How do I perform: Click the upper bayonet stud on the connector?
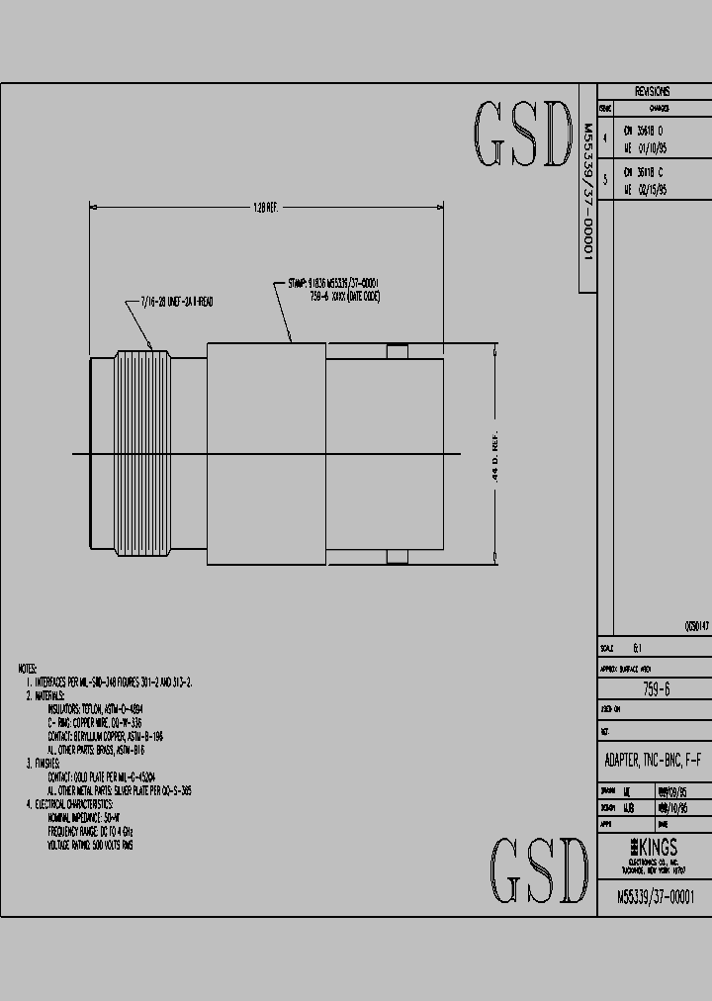pos(397,351)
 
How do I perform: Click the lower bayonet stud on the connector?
pos(397,558)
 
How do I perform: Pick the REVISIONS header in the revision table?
pos(652,91)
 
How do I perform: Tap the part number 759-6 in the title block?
pos(656,689)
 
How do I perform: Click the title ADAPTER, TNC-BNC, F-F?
pos(653,760)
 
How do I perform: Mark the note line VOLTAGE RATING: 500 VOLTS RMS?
pos(90,845)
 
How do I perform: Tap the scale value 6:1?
pos(637,649)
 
